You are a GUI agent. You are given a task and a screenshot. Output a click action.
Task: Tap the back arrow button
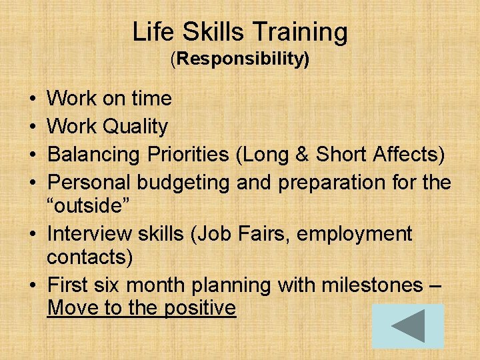pos(407,327)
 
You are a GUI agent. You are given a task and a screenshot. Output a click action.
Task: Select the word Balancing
pos(93,154)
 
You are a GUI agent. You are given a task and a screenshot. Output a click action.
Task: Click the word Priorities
pos(187,154)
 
